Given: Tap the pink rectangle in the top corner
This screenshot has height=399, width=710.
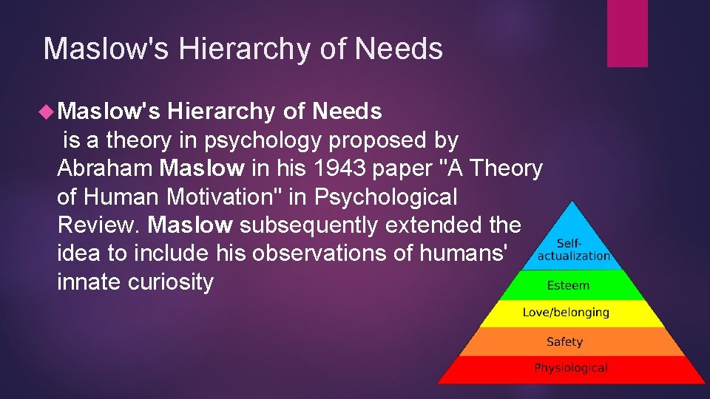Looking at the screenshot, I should click(x=627, y=33).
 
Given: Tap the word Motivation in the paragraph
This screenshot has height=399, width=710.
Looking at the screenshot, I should click(x=233, y=197).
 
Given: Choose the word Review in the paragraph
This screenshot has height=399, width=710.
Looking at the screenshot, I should click(x=98, y=225).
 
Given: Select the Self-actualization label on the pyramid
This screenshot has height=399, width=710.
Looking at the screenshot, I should click(x=573, y=249).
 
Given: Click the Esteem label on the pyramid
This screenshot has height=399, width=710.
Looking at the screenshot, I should click(x=568, y=285).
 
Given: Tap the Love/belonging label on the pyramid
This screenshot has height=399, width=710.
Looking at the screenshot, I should click(x=566, y=313).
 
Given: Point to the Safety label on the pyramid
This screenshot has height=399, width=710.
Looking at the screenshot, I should click(x=564, y=341).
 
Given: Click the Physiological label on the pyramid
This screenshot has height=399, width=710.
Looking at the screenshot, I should click(x=571, y=367).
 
